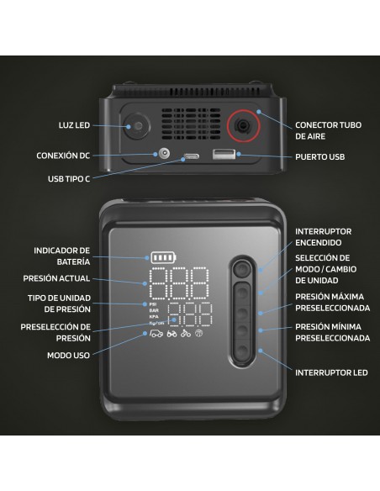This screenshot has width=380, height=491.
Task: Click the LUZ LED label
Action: pos(74,125)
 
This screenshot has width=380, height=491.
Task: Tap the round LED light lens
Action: pos(136,126)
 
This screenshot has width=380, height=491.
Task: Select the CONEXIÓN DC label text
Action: pos(63,156)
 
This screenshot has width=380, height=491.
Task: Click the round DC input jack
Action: pos(164,154)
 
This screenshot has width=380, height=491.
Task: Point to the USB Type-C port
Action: pos(191,156)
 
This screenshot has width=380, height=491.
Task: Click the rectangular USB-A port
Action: pos(224,154)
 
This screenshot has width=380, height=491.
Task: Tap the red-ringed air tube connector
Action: pos(243,126)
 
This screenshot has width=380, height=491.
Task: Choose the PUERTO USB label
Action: pos(320,157)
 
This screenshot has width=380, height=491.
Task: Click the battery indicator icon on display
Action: pos(163,258)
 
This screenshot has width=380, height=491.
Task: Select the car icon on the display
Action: pos(156,334)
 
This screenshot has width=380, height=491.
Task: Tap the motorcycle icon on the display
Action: pos(172,334)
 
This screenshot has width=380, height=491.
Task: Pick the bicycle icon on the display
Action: pos(186,334)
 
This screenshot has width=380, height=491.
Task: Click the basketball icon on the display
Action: pos(198,334)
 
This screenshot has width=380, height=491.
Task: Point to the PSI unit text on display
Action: pos(153,304)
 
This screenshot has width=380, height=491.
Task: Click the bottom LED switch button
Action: pos(242,351)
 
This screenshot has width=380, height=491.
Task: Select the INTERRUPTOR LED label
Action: pos(331,373)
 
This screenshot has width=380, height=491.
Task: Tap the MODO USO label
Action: pos(68,356)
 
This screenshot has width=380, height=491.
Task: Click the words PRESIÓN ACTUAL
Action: pos(56,278)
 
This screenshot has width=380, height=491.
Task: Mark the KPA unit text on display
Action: pos(154,317)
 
